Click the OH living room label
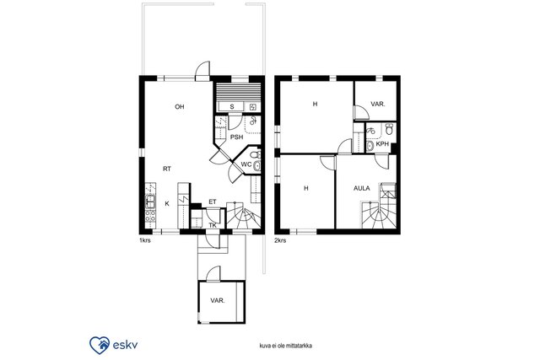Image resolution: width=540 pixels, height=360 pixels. click(180, 107)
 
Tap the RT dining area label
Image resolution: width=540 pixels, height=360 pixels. click(167, 169)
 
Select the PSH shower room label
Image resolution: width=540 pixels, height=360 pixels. click(236, 137)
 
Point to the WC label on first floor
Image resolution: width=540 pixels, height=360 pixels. click(246, 164)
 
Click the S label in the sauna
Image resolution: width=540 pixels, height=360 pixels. click(232, 107)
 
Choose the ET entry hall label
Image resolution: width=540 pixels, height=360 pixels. click(213, 202)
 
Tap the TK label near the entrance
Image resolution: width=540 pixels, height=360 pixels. click(213, 225)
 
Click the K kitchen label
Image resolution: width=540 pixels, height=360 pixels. click(167, 204)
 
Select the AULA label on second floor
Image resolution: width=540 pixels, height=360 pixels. click(362, 188)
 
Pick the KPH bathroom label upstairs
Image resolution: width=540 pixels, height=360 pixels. click(382, 144)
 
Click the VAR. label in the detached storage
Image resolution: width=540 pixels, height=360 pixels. click(218, 300)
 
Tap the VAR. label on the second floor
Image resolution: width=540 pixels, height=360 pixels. click(378, 104)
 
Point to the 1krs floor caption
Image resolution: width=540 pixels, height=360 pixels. click(144, 240)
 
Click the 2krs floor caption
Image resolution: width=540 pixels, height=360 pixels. click(280, 240)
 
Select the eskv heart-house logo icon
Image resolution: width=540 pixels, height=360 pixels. click(100, 345)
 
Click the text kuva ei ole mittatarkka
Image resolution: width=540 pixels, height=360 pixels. click(286, 346)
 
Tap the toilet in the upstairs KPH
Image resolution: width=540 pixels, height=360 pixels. click(389, 129)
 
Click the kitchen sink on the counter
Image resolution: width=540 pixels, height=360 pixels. click(150, 201)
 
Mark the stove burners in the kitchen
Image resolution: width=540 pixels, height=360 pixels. click(150, 216)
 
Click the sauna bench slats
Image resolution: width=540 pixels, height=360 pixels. click(237, 92)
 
